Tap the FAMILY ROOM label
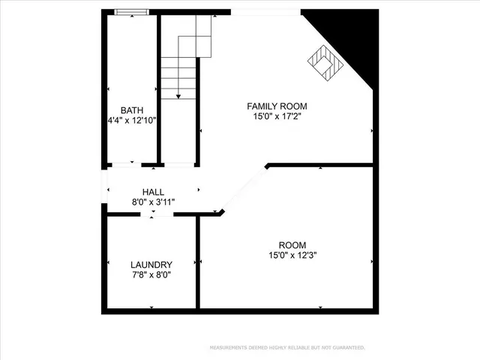click(277, 106)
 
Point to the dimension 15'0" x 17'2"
click(277, 117)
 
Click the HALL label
click(153, 193)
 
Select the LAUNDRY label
click(151, 265)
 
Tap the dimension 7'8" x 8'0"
click(151, 275)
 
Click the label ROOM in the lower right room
click(292, 245)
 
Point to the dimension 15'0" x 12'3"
click(292, 256)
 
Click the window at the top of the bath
click(131, 11)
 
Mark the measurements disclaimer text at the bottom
click(286, 347)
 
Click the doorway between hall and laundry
click(153, 214)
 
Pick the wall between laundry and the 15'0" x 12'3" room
click(198, 262)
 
